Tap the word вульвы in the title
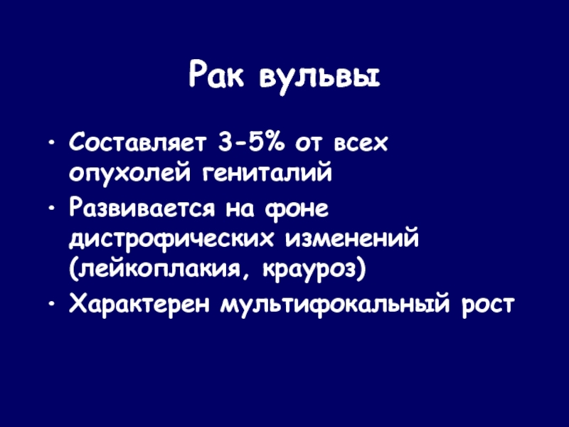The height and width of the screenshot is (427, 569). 319,79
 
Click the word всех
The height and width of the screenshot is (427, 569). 361,144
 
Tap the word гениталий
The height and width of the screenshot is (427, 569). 267,173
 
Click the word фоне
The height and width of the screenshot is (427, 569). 297,210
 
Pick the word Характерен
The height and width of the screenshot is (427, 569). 139,304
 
